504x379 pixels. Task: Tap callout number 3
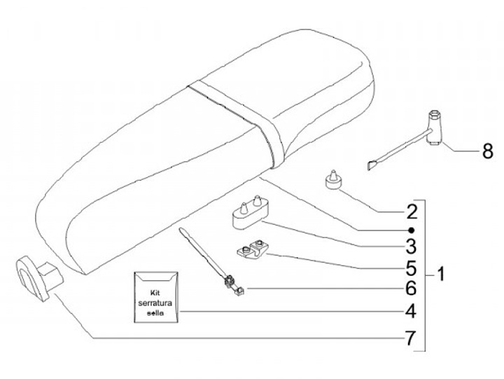412,246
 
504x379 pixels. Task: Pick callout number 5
412,268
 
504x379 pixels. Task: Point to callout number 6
412,288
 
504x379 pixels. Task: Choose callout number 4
412,311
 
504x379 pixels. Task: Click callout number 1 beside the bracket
440,273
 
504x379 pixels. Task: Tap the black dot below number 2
412,230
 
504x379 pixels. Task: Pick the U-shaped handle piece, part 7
32,277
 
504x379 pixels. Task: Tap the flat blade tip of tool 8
372,166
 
